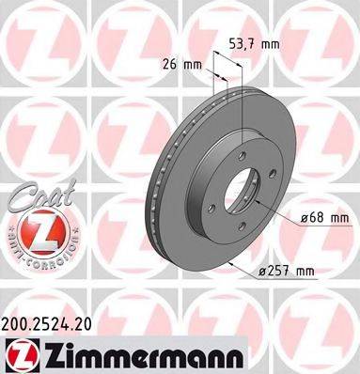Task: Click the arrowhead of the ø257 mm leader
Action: [230, 265]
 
